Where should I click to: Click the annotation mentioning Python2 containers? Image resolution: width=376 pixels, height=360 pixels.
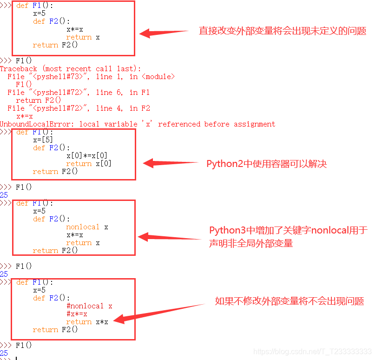(x=266, y=164)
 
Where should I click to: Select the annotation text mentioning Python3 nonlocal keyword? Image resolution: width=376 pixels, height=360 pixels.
(x=288, y=236)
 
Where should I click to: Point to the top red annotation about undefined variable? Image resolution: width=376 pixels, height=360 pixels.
(x=282, y=31)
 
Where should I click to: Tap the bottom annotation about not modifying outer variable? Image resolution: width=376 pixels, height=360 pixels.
(x=289, y=301)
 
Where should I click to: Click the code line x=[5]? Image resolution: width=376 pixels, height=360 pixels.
(x=43, y=140)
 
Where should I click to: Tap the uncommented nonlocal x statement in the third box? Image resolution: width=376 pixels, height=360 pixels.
(x=87, y=227)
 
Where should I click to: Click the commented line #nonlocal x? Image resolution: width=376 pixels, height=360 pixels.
(x=89, y=306)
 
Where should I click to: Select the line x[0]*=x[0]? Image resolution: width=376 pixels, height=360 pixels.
(x=87, y=156)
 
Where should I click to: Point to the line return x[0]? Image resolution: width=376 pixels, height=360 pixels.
(x=88, y=164)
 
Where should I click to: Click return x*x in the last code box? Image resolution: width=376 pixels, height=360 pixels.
(x=87, y=322)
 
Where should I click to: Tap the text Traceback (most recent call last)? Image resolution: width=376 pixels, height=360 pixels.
(x=70, y=69)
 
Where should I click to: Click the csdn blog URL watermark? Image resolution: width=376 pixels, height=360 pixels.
(x=312, y=352)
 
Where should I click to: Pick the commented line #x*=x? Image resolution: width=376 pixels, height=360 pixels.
(x=77, y=314)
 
